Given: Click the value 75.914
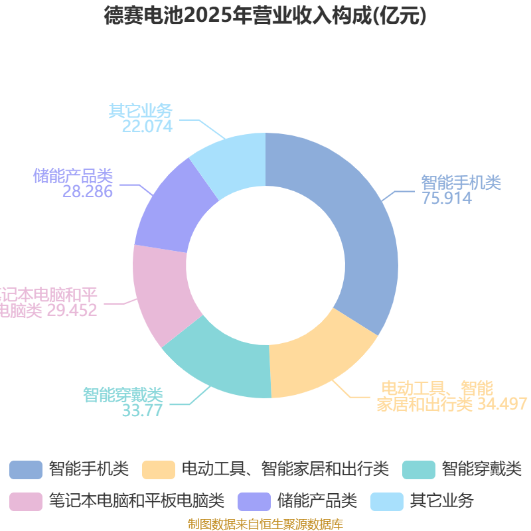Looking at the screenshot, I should (x=447, y=198).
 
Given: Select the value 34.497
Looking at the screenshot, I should (x=502, y=403).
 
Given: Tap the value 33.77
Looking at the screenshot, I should (x=142, y=410).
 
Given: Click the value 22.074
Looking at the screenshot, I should (x=147, y=126).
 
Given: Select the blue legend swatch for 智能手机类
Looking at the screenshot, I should (x=26, y=469).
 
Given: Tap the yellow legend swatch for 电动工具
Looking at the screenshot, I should (x=159, y=469).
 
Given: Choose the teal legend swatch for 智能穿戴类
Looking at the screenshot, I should (x=419, y=469).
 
